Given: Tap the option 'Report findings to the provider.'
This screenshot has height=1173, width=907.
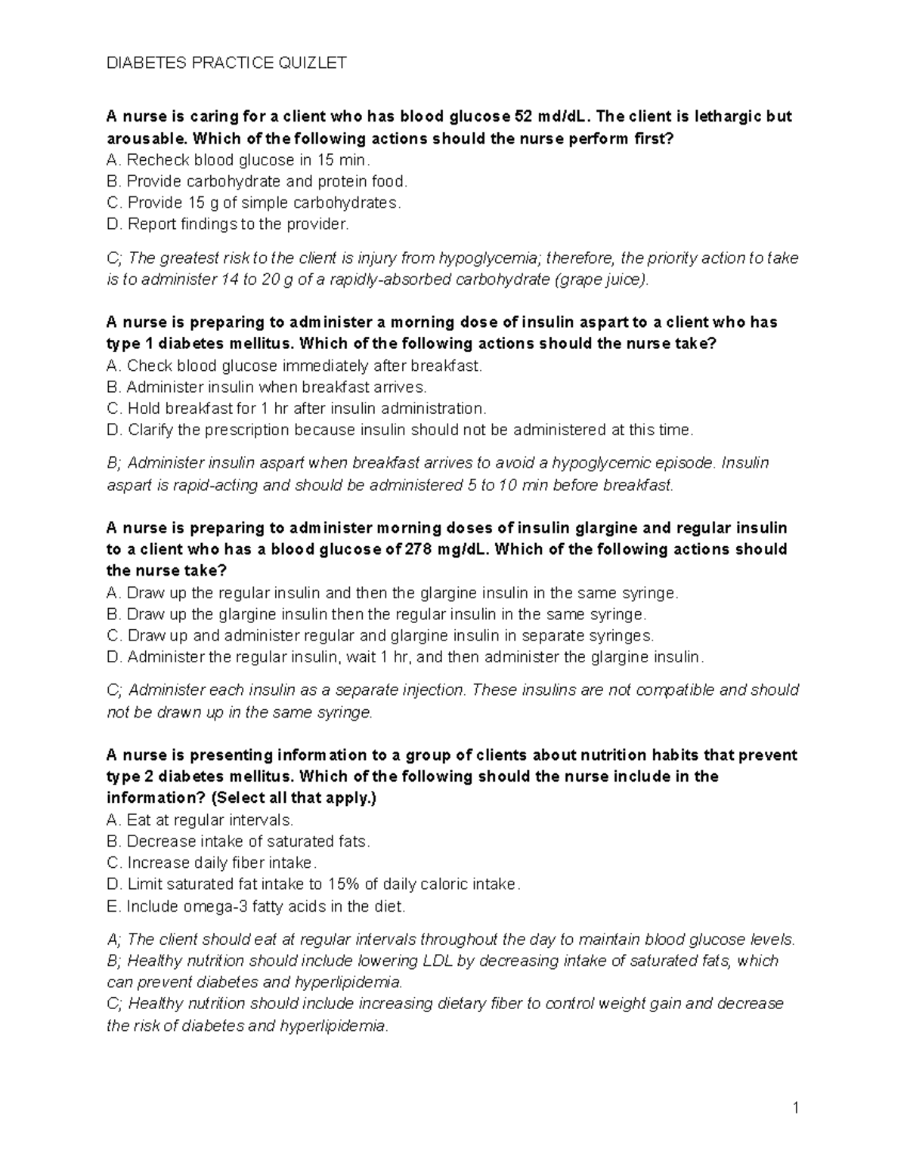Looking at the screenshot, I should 229,224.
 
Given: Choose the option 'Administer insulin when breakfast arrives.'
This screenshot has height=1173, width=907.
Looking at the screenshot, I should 268,387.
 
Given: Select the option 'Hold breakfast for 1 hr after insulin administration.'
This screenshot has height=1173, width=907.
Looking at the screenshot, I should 297,409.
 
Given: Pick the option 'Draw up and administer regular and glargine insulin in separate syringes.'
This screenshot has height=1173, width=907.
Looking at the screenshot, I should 381,635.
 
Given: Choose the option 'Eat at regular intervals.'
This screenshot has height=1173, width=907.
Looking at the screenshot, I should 200,820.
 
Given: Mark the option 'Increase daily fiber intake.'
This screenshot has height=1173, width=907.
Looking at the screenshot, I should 212,863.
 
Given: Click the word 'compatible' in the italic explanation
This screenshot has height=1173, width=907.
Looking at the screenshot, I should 679,690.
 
